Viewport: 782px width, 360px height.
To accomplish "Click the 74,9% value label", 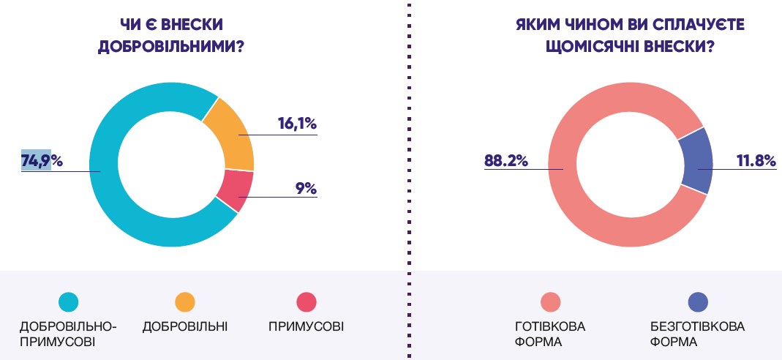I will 42,160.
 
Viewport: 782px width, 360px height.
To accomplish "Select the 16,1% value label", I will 296,124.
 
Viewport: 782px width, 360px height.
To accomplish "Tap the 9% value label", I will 306,188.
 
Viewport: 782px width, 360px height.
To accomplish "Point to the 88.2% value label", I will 505,161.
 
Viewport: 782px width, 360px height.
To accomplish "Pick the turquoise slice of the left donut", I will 110,176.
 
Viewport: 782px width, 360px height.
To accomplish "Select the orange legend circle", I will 185,301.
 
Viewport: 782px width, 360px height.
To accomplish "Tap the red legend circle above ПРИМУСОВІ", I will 306,301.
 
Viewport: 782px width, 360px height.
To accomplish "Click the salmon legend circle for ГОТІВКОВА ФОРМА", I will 550,301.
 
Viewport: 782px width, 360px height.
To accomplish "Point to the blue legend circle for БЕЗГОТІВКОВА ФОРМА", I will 698,301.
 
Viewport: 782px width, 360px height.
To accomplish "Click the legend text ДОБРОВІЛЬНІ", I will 185,326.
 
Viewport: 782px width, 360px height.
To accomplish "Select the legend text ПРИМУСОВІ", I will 306,326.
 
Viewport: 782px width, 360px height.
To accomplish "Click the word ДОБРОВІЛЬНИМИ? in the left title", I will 170,45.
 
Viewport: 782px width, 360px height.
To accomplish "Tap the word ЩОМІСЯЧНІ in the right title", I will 593,45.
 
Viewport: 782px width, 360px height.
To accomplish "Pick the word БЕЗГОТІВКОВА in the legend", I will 697,326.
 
